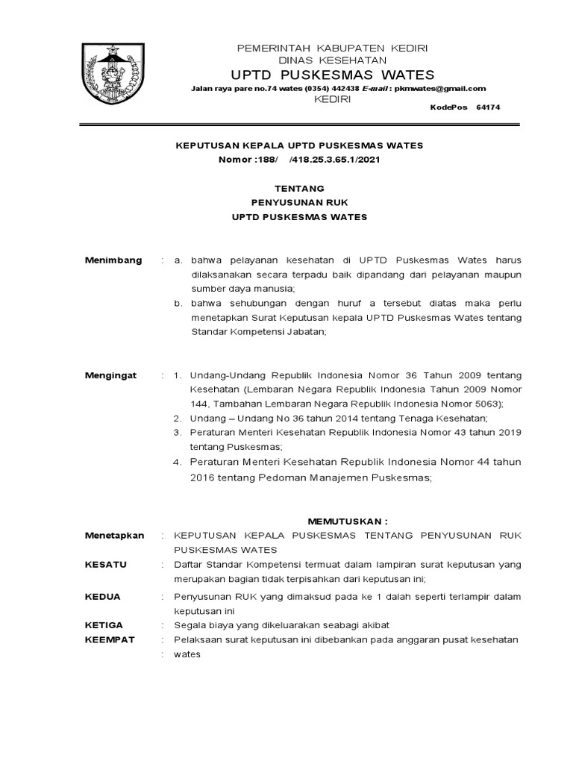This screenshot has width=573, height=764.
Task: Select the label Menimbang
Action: [113, 260]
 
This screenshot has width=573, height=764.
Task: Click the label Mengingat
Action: [111, 375]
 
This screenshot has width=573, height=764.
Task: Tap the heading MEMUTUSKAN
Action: [348, 521]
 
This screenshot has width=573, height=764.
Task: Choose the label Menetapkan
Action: [114, 536]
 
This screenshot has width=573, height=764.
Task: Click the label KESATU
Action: [106, 565]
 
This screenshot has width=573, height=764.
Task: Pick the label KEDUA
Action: [103, 597]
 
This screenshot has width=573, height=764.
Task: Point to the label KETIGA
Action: [104, 625]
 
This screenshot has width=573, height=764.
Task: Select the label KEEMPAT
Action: [108, 640]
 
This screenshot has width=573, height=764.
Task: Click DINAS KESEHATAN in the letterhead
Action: [332, 60]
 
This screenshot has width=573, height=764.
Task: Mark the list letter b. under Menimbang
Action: [178, 304]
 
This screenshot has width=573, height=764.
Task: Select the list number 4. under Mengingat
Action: [178, 462]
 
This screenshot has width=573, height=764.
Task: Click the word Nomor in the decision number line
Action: [236, 160]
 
